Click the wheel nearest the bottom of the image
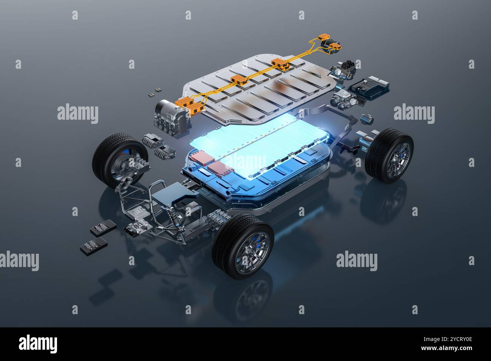pos(242,246)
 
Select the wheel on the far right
pos(389,155)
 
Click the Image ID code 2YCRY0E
pos(453,339)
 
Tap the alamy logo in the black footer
pos(38,344)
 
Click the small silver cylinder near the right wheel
pos(367,119)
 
